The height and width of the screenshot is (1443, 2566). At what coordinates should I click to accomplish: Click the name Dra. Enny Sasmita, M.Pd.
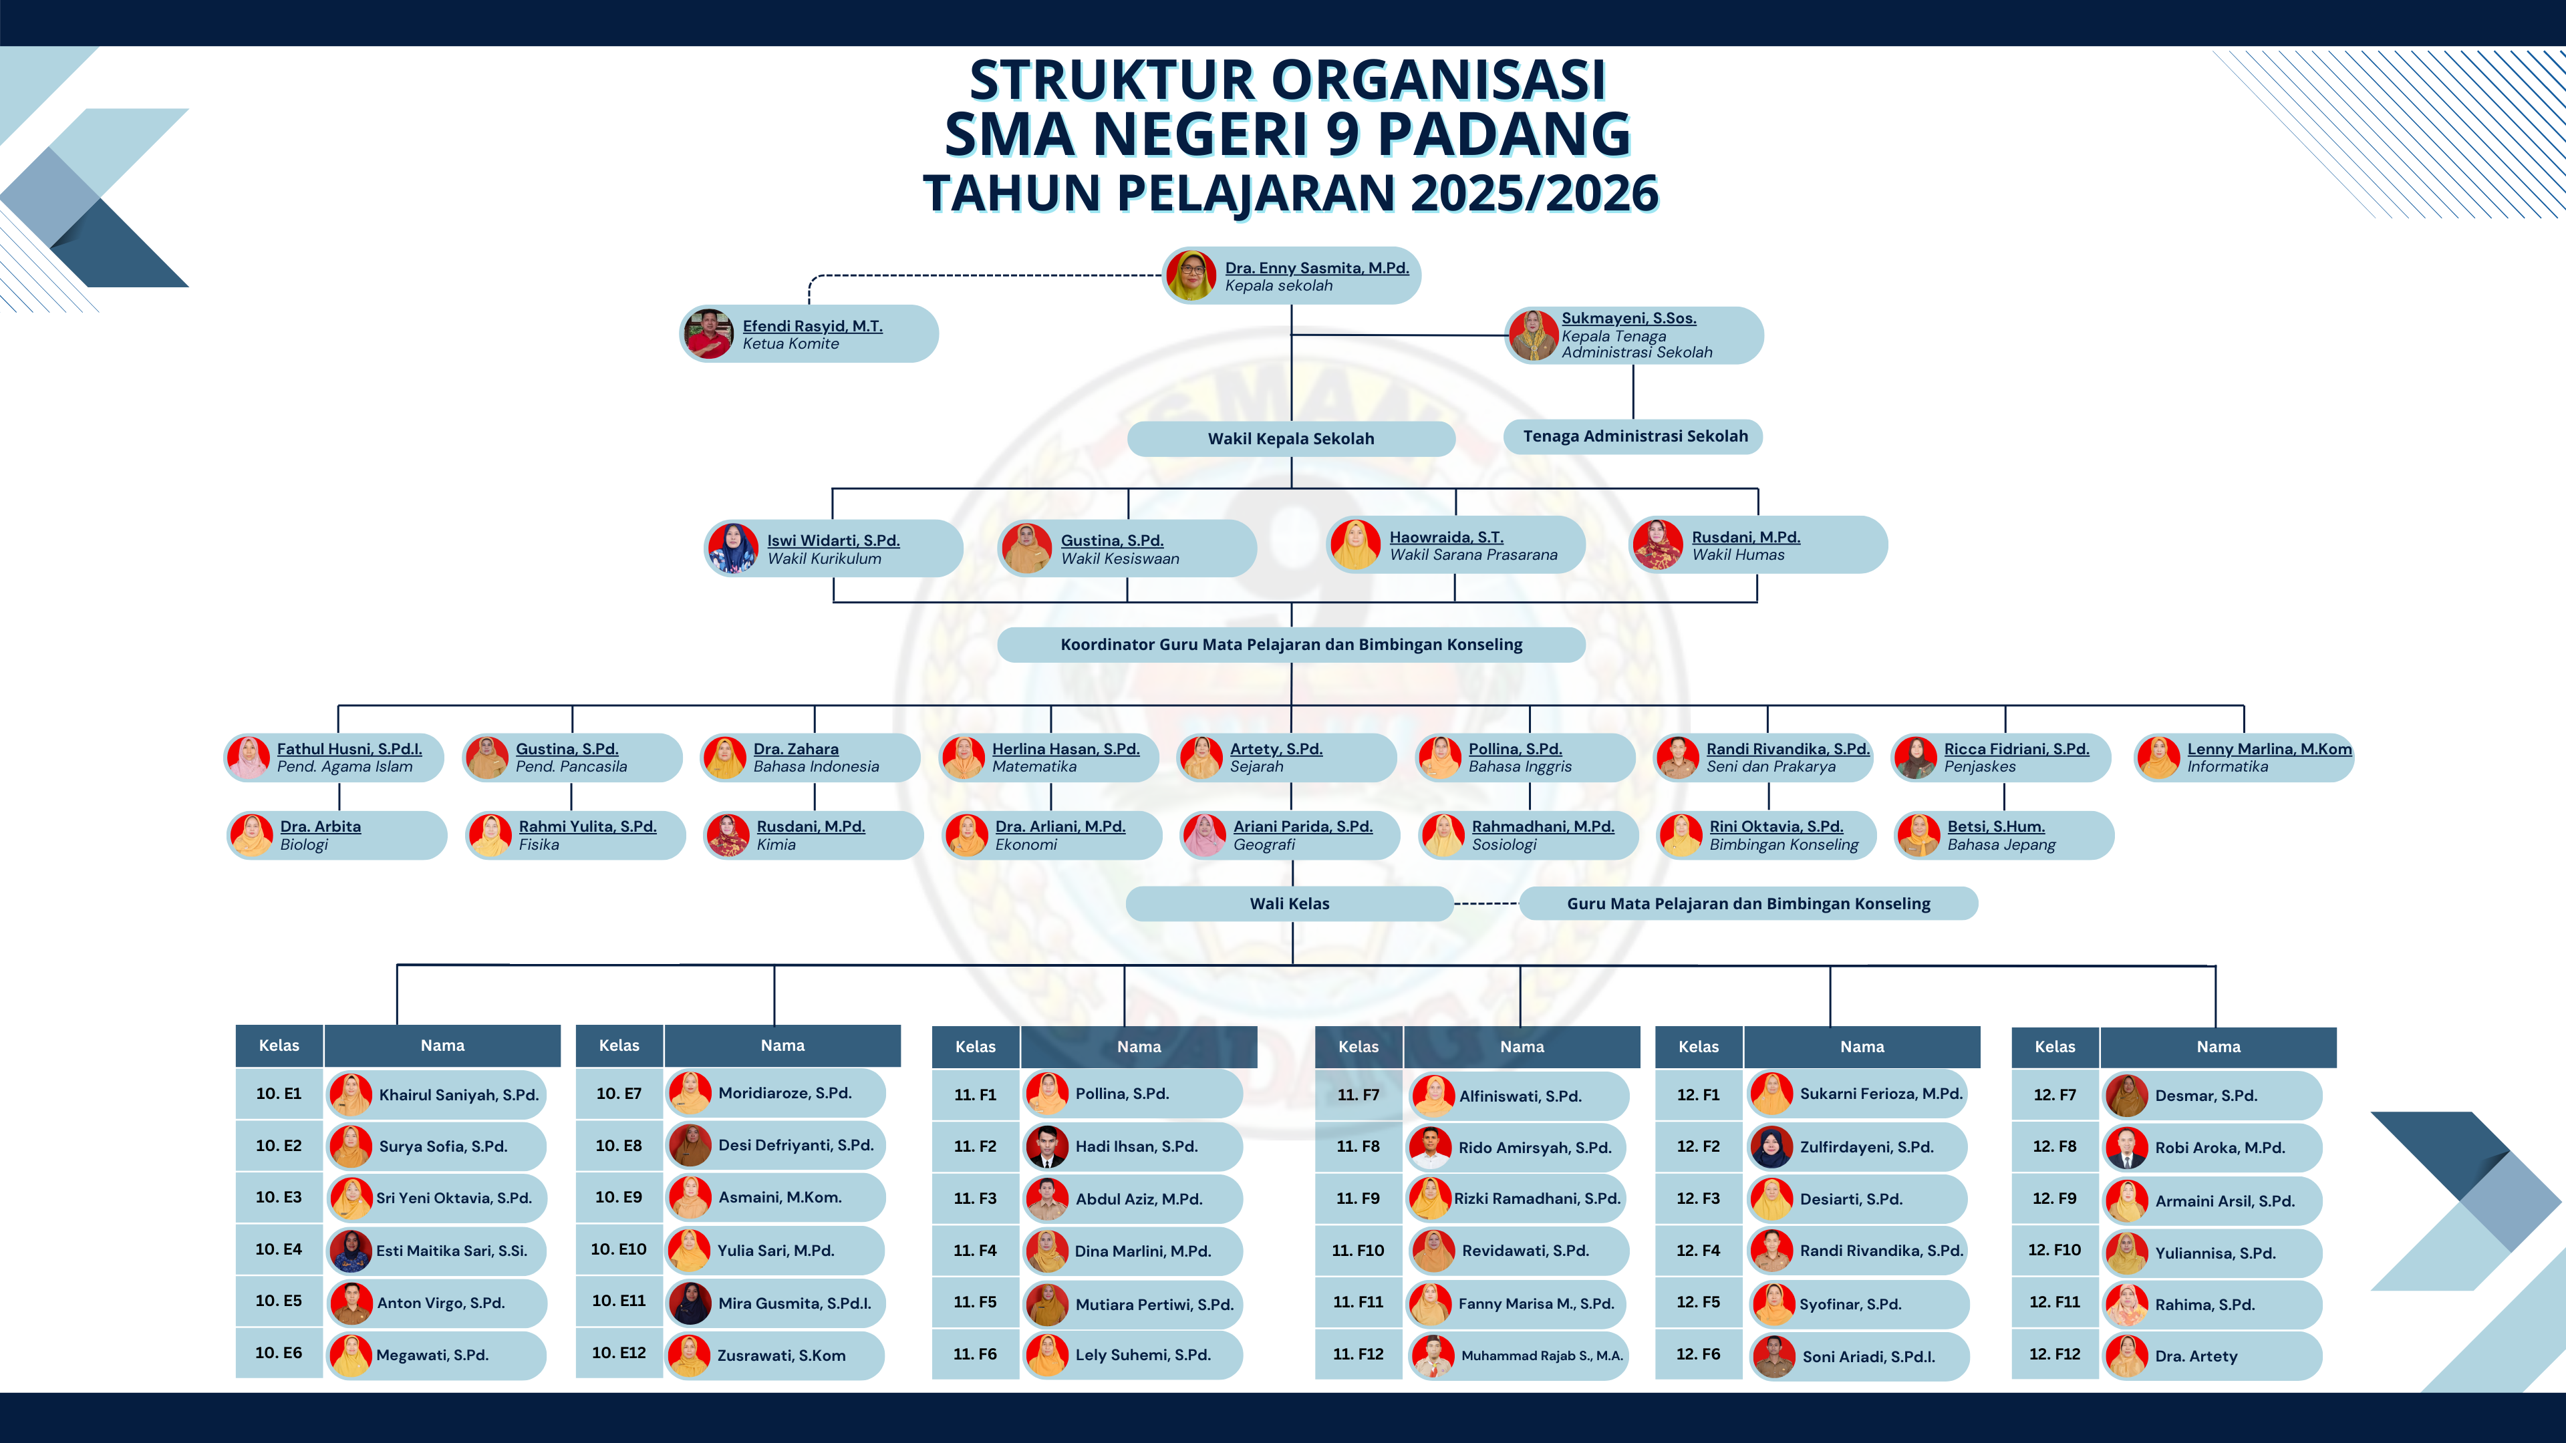tap(1317, 268)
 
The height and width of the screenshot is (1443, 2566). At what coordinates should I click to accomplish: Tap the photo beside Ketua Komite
tap(709, 333)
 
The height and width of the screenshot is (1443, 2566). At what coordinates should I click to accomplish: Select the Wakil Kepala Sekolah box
tap(1291, 438)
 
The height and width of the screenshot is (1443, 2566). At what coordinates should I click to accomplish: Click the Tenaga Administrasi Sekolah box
tap(1634, 436)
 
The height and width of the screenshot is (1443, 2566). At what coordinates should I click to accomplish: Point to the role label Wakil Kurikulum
tap(824, 558)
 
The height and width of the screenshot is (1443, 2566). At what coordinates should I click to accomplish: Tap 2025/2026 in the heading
tap(1535, 192)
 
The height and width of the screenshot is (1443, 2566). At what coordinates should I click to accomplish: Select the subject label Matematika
tap(1034, 767)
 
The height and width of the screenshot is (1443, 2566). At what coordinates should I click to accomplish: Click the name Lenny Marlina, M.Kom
tap(2269, 749)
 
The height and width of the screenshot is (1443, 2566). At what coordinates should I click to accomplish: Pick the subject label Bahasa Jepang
tap(2001, 844)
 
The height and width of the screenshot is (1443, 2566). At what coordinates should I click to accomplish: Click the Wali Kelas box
tap(1290, 903)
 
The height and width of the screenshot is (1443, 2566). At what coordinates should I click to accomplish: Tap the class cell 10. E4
tap(279, 1249)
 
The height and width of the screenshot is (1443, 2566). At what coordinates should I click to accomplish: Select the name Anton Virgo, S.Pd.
tap(440, 1303)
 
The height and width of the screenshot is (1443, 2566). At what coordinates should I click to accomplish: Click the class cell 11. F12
tap(1358, 1354)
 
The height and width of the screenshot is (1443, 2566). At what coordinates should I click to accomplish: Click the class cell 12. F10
tap(2055, 1250)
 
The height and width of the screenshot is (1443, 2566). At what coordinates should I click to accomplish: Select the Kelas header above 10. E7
tap(619, 1046)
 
